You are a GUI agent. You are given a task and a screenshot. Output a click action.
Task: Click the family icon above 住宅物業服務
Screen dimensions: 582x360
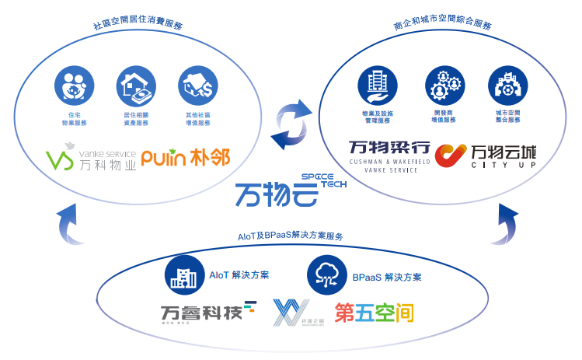[x=72, y=86]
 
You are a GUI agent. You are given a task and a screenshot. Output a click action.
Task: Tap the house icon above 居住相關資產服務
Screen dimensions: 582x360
[x=134, y=86]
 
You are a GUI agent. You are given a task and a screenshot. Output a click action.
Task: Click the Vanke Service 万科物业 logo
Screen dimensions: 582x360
[x=90, y=159]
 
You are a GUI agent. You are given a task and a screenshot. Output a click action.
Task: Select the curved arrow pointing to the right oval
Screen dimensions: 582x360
[x=508, y=222]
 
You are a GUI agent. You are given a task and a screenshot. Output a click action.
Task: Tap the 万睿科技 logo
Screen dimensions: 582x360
[x=207, y=312]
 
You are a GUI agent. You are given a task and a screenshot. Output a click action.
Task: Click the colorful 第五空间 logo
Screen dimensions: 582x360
[x=374, y=313]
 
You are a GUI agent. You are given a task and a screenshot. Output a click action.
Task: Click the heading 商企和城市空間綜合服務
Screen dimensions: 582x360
[x=443, y=25]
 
